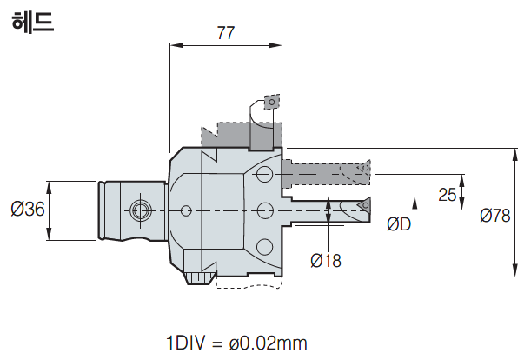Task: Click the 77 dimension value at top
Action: coord(225,33)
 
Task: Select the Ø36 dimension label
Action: coord(27,210)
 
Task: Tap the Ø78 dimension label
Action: coord(494,215)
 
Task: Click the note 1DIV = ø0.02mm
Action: coord(236,342)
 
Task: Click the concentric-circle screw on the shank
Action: coord(137,210)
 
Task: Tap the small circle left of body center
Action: coord(186,210)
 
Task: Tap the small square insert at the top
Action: coord(272,103)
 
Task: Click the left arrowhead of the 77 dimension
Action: coord(173,46)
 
